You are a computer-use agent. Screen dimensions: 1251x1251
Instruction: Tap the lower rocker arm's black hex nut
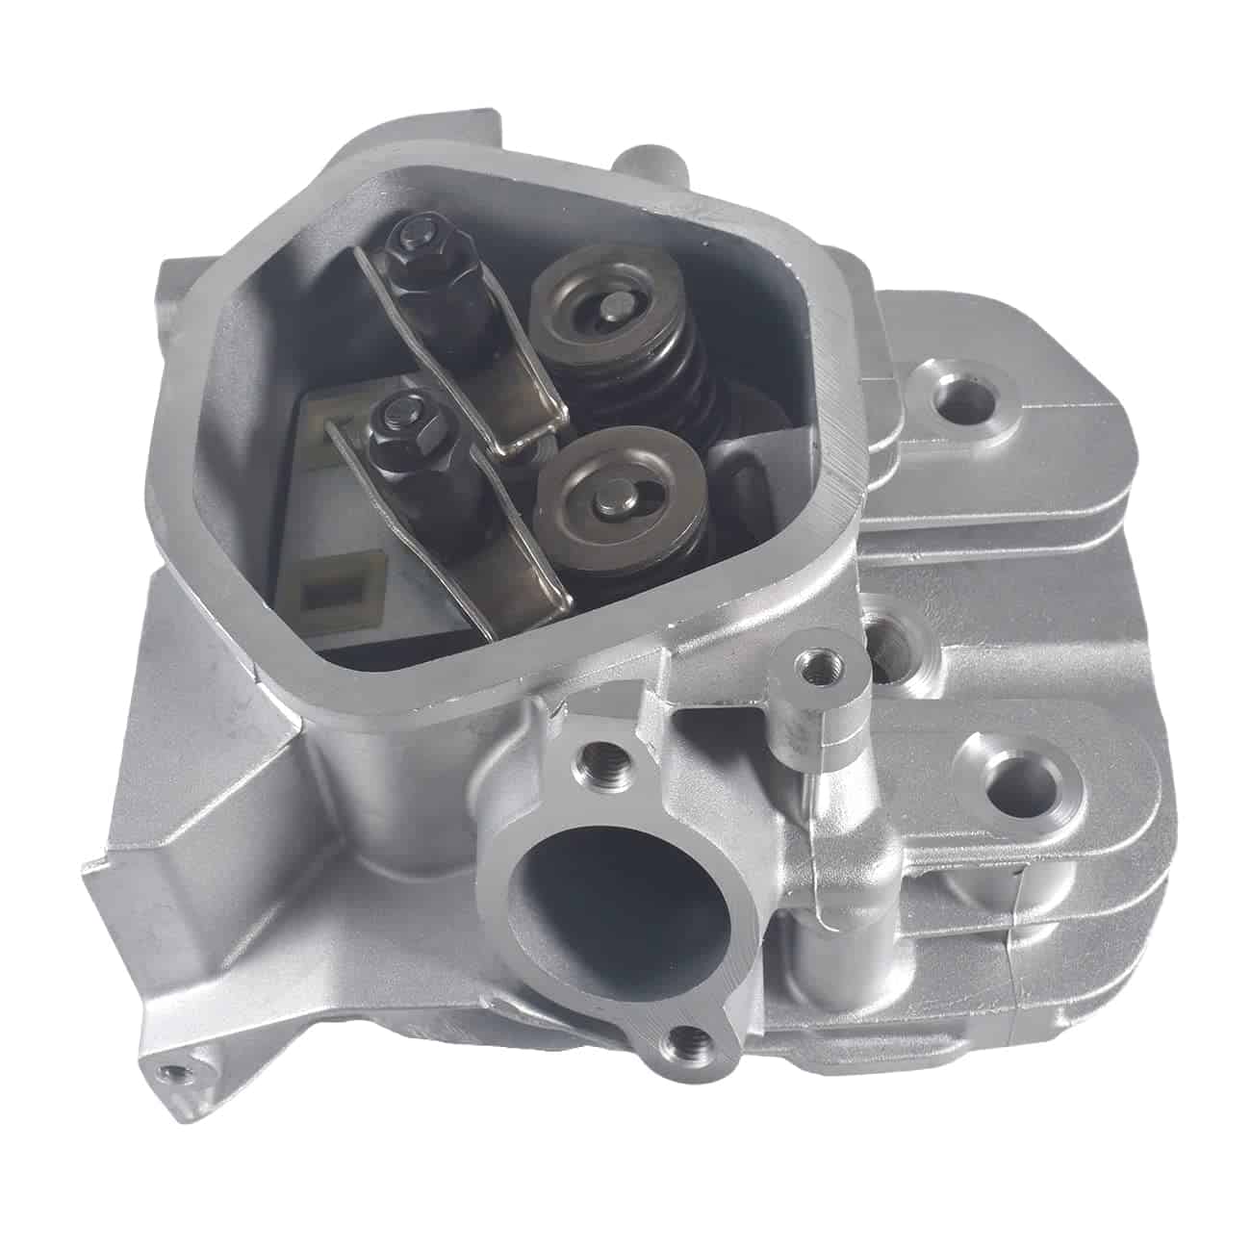coord(402,421)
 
